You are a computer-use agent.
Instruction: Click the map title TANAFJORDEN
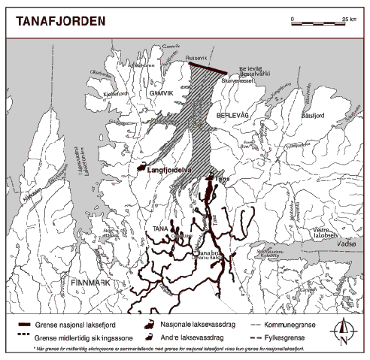click(x=56, y=21)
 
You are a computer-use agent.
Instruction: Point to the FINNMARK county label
click(x=89, y=282)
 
